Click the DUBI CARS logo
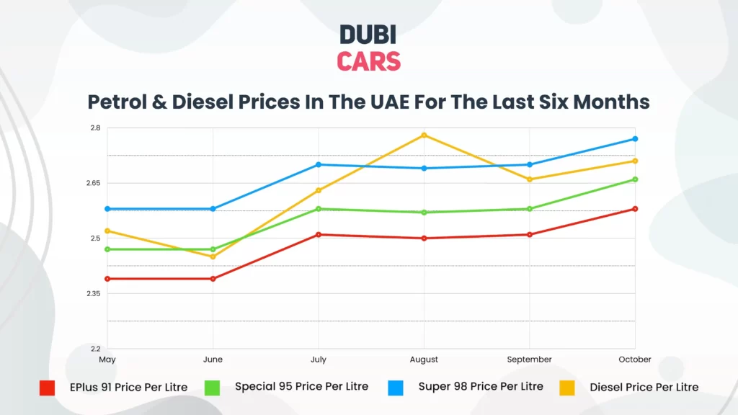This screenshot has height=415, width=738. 368,48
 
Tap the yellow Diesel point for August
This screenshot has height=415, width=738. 424,135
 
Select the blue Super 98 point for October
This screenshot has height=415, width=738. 635,138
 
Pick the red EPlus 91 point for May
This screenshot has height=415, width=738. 107,279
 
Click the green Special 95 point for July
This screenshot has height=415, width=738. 319,209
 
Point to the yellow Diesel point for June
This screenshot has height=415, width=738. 213,256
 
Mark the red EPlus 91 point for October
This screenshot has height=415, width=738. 635,209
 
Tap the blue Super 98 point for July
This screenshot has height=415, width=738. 319,164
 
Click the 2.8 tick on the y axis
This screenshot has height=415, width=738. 95,128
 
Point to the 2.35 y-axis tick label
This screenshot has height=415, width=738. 93,294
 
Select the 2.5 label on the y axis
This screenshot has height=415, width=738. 95,238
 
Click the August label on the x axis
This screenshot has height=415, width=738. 424,360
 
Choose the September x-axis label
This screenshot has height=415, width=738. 529,360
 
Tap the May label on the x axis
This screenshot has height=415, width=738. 107,360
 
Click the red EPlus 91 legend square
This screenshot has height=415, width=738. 47,388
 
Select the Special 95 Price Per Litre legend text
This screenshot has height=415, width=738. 301,387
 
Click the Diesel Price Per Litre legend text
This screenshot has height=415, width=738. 644,388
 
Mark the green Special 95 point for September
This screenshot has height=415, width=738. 530,209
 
